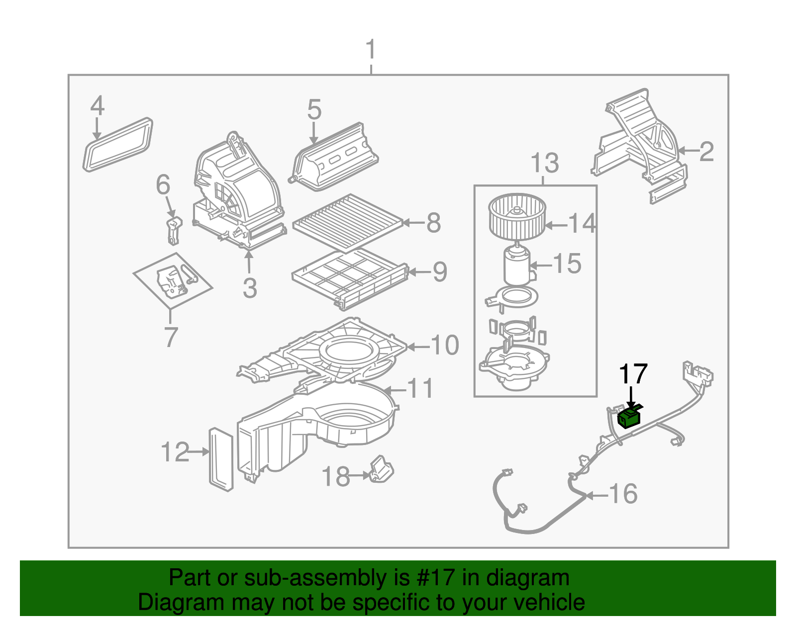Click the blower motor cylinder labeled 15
[x=517, y=266]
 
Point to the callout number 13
[x=545, y=163]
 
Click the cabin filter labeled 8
[x=348, y=222]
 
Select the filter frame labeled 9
[x=350, y=278]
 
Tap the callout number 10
[x=444, y=345]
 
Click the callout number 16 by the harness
[x=623, y=494]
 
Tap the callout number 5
[x=314, y=109]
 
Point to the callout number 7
[x=171, y=337]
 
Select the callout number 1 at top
[x=371, y=50]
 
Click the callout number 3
[x=250, y=288]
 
